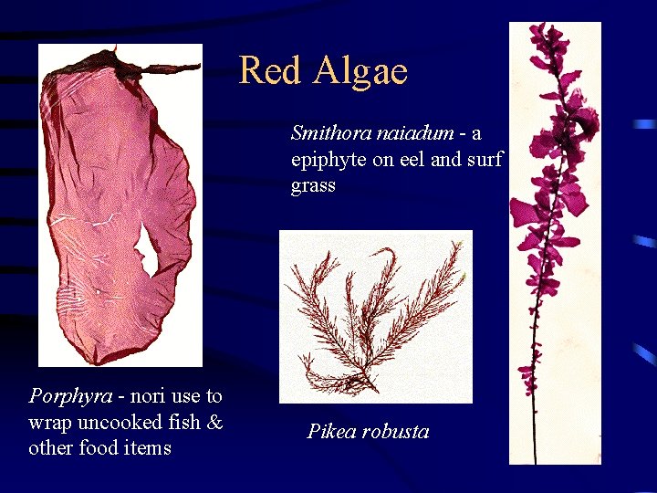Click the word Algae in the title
[361, 70]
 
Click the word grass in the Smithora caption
[313, 186]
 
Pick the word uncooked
[118, 422]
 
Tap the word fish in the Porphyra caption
[183, 422]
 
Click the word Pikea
[333, 432]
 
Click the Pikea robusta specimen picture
[375, 316]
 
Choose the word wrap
[51, 422]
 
